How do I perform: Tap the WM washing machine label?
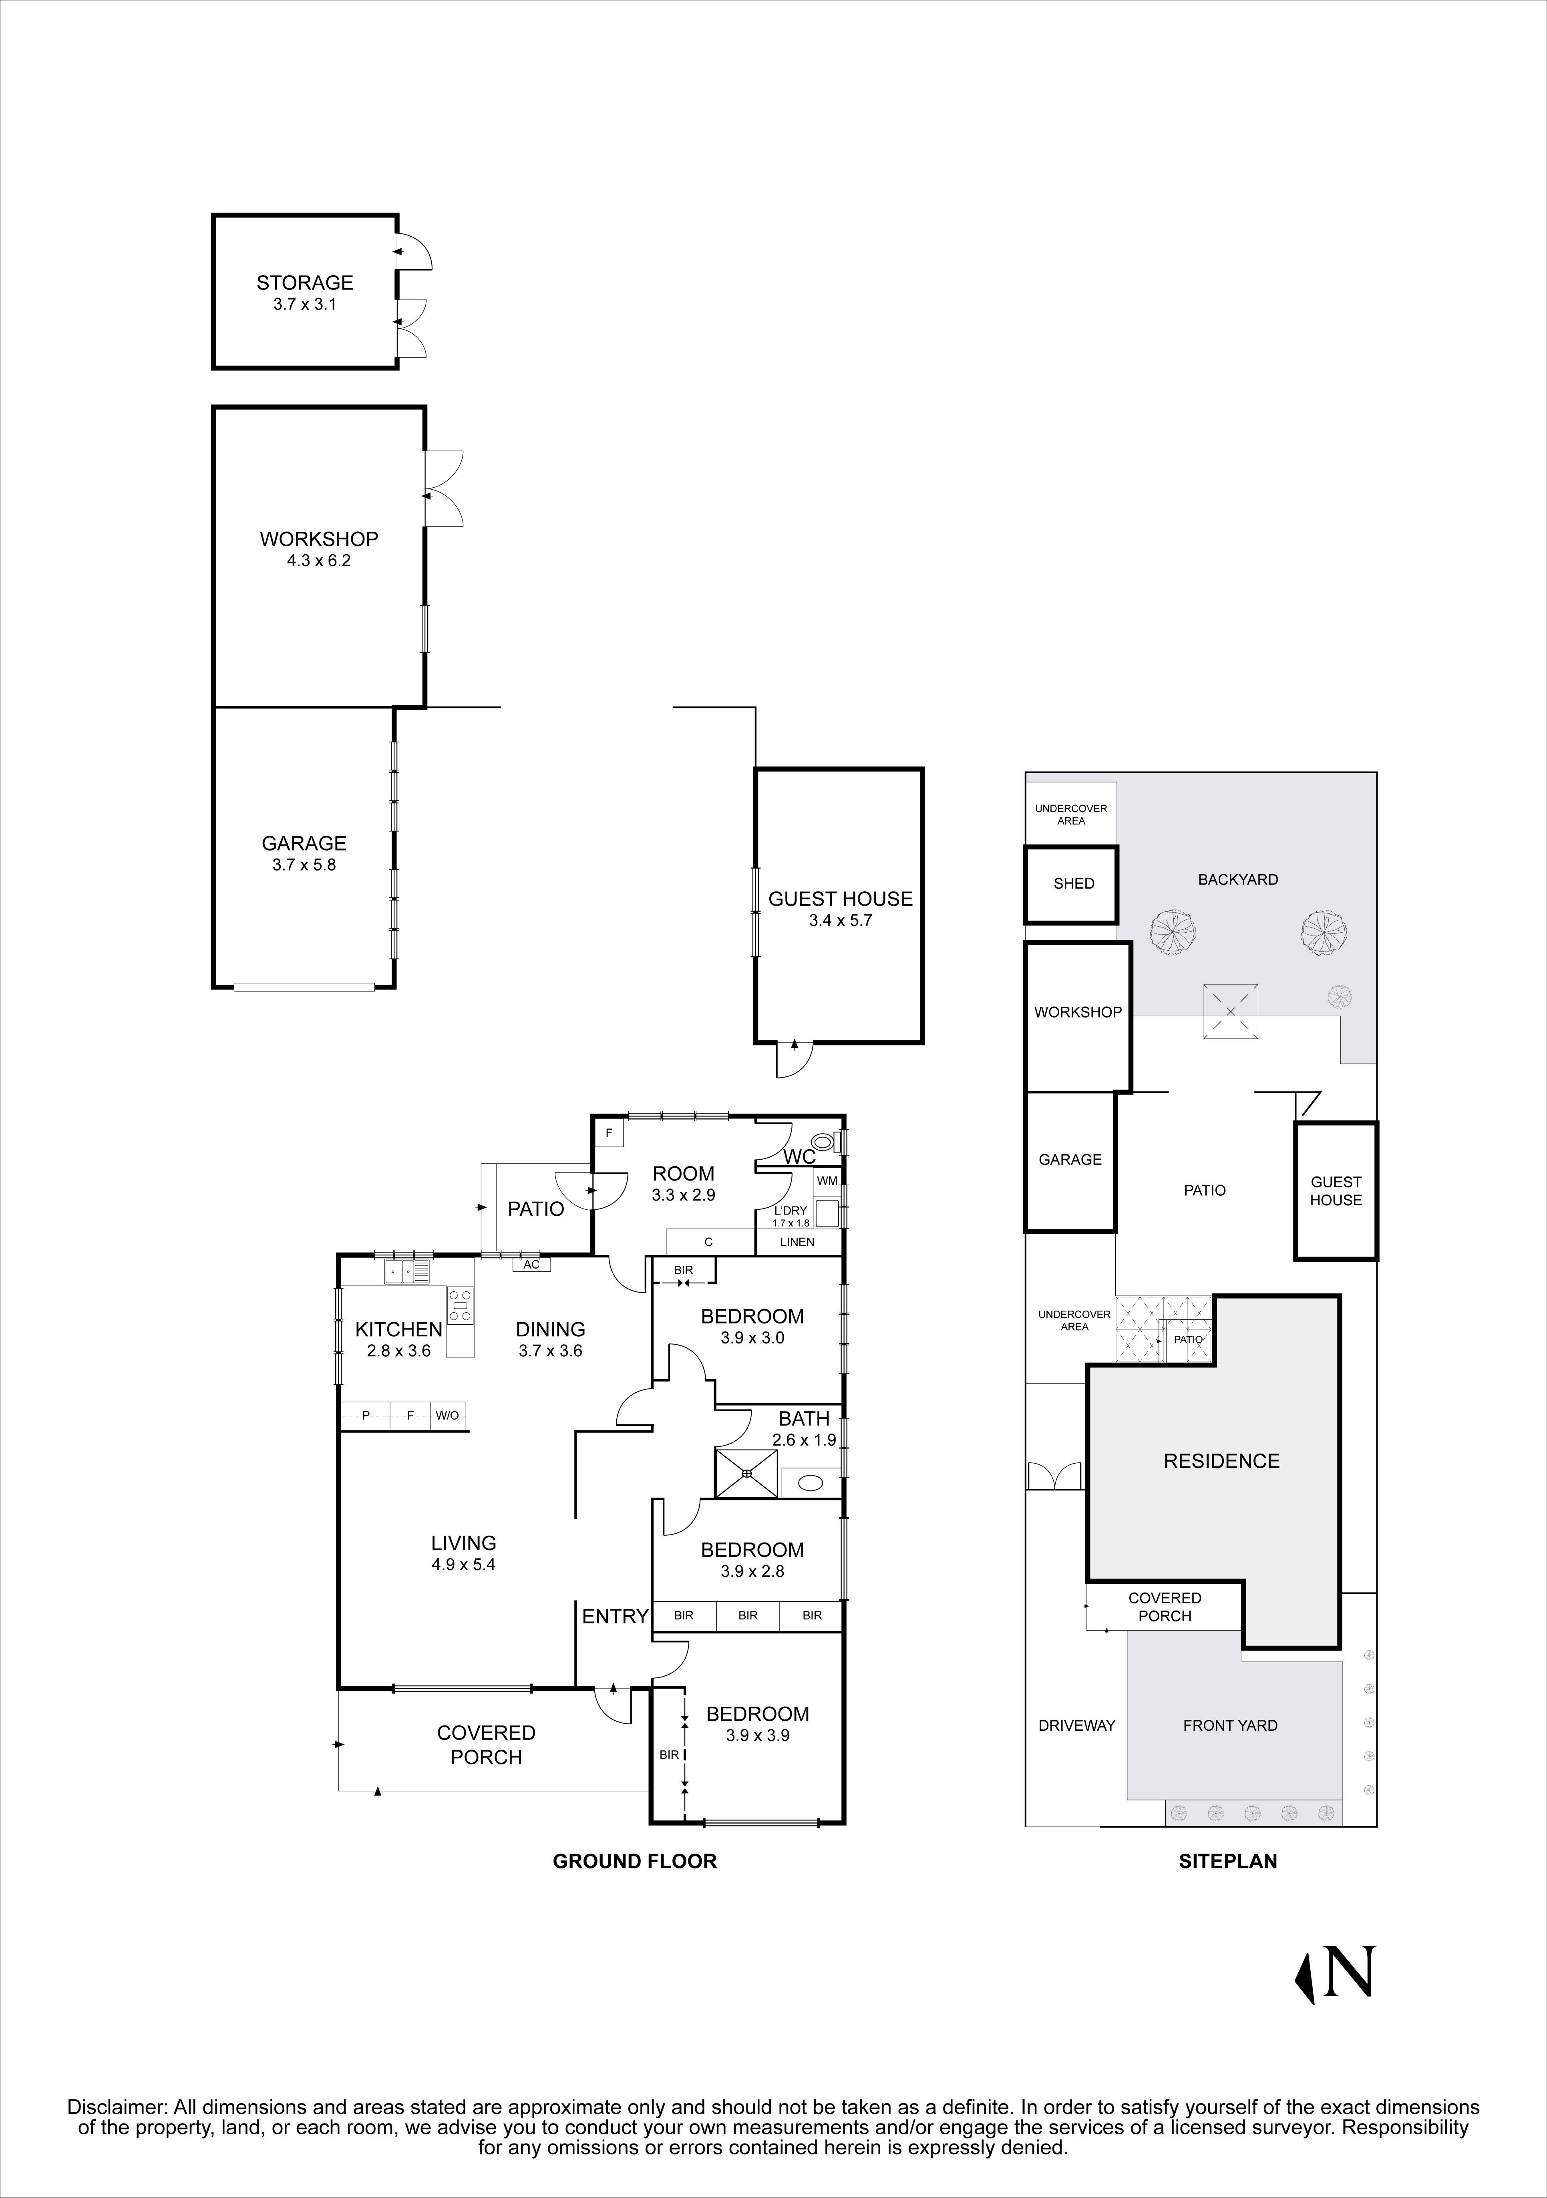[827, 1180]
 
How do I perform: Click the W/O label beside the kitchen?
[447, 1415]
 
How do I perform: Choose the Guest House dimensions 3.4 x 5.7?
[839, 921]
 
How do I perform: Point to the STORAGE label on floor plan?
[304, 282]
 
